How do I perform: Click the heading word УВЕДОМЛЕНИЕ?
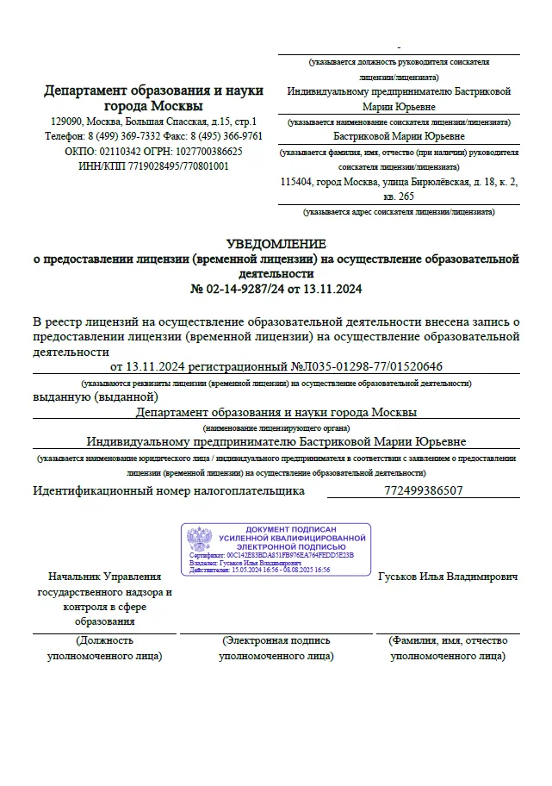point(276,244)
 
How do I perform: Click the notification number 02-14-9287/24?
point(245,288)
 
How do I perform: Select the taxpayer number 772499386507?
point(424,491)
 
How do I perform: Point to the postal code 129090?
point(68,122)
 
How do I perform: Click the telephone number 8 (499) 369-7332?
point(123,136)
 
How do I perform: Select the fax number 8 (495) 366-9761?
point(226,136)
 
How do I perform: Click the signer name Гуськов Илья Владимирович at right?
point(448,576)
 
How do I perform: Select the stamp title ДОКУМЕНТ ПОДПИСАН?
point(291,529)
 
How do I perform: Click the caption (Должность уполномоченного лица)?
point(105,648)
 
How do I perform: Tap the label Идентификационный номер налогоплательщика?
point(169,491)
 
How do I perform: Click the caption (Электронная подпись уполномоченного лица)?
point(276,648)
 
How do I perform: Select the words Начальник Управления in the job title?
point(105,576)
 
